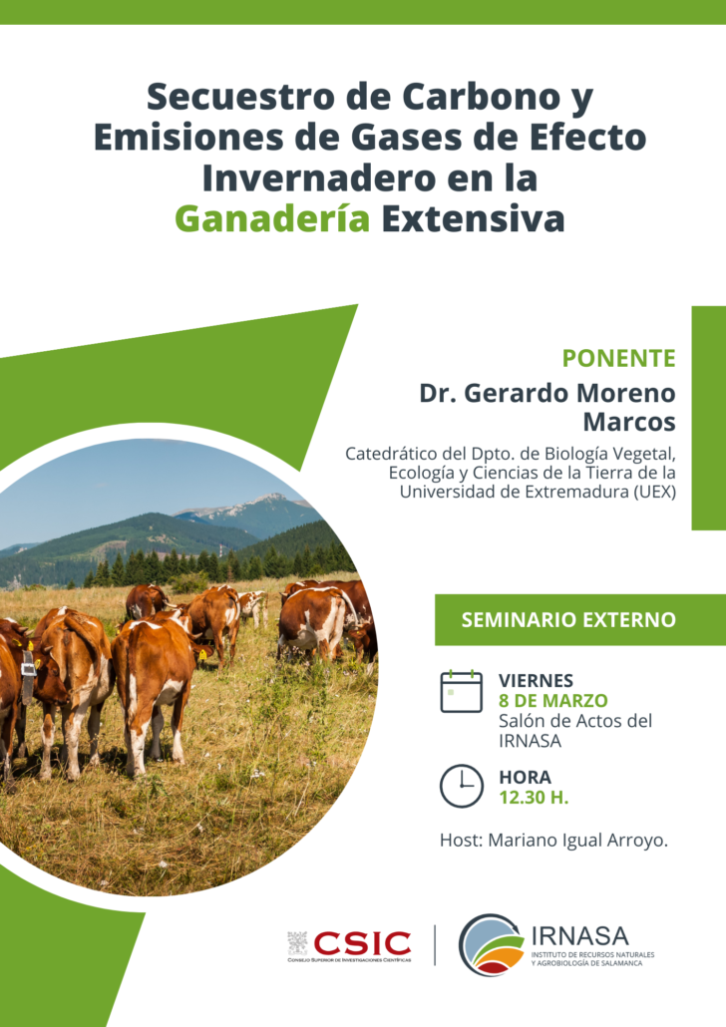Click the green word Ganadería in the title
272,218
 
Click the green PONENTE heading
618,358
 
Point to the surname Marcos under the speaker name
629,423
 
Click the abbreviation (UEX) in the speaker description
654,492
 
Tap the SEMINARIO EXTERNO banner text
568,619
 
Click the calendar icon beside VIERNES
462,692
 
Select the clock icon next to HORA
462,786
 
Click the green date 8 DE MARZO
553,701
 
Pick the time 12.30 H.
534,798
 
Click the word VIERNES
536,681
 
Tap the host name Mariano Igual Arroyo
577,841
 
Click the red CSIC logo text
362,944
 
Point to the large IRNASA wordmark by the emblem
579,936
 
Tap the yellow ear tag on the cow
202,654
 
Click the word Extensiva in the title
473,218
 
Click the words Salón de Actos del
575,721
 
